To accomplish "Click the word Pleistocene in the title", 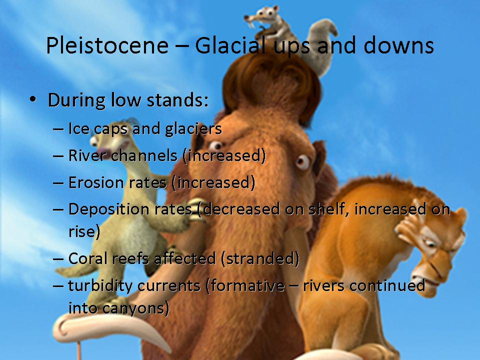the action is (x=107, y=45).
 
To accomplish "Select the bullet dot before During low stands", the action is (x=33, y=99).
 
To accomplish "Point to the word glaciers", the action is (x=193, y=129).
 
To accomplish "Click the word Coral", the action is (x=88, y=258).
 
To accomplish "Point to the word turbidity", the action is (x=100, y=286).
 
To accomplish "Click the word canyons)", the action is (x=135, y=308).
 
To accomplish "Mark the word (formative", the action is (x=245, y=286).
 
